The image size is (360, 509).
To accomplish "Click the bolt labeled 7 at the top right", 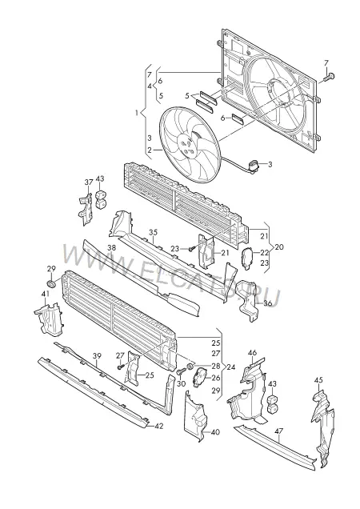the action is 330,77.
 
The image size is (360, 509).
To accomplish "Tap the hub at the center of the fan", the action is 187,145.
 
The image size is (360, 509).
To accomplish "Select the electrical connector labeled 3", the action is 254,165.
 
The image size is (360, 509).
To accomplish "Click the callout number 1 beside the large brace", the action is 138,113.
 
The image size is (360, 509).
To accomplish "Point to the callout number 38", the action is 112,247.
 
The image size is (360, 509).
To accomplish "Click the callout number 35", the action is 154,232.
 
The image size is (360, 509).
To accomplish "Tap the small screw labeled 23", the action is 192,250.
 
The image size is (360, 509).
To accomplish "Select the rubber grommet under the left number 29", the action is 51,283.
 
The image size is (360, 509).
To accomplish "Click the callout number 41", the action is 45,294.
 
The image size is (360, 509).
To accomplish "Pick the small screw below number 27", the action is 121,367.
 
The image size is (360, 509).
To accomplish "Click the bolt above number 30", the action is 180,372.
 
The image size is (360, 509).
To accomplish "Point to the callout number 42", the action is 159,427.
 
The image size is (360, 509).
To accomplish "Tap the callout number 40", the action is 215,432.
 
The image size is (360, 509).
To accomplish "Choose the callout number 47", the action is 279,431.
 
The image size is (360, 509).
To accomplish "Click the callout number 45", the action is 318,380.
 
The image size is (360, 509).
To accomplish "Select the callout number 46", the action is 252,353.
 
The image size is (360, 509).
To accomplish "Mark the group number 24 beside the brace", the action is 231,367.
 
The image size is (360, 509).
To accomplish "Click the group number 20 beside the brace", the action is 279,247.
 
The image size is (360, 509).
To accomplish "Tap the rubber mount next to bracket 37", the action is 102,199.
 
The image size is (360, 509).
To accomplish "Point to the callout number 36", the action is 268,303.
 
